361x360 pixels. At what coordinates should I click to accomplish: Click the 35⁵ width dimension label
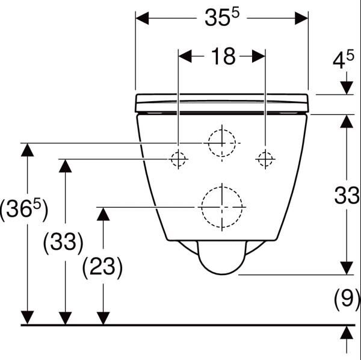click(x=222, y=17)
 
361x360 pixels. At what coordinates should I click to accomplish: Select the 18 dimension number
click(x=223, y=56)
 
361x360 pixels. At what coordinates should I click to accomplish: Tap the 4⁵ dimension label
click(x=344, y=60)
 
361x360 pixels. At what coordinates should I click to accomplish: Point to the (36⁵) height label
click(x=24, y=209)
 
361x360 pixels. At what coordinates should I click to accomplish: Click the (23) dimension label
click(x=102, y=267)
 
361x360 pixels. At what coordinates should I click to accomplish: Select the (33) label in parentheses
click(x=63, y=242)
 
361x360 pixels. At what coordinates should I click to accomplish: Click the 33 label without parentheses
click(x=347, y=196)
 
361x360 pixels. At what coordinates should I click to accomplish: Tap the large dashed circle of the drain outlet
click(x=202, y=207)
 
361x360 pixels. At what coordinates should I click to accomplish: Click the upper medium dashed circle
click(x=208, y=143)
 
